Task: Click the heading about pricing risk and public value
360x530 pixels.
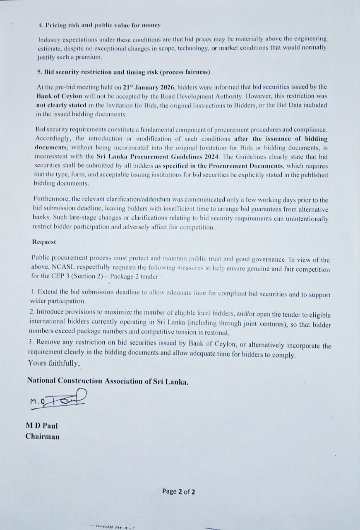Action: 99,25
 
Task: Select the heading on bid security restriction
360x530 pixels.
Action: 123,72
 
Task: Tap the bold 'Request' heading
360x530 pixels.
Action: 44,241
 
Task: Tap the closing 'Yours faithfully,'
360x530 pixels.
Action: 54,363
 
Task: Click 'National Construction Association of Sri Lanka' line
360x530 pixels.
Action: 108,381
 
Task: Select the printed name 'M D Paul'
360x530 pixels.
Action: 42,426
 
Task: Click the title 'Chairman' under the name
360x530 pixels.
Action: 42,436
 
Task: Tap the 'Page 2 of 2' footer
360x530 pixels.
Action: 179,491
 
